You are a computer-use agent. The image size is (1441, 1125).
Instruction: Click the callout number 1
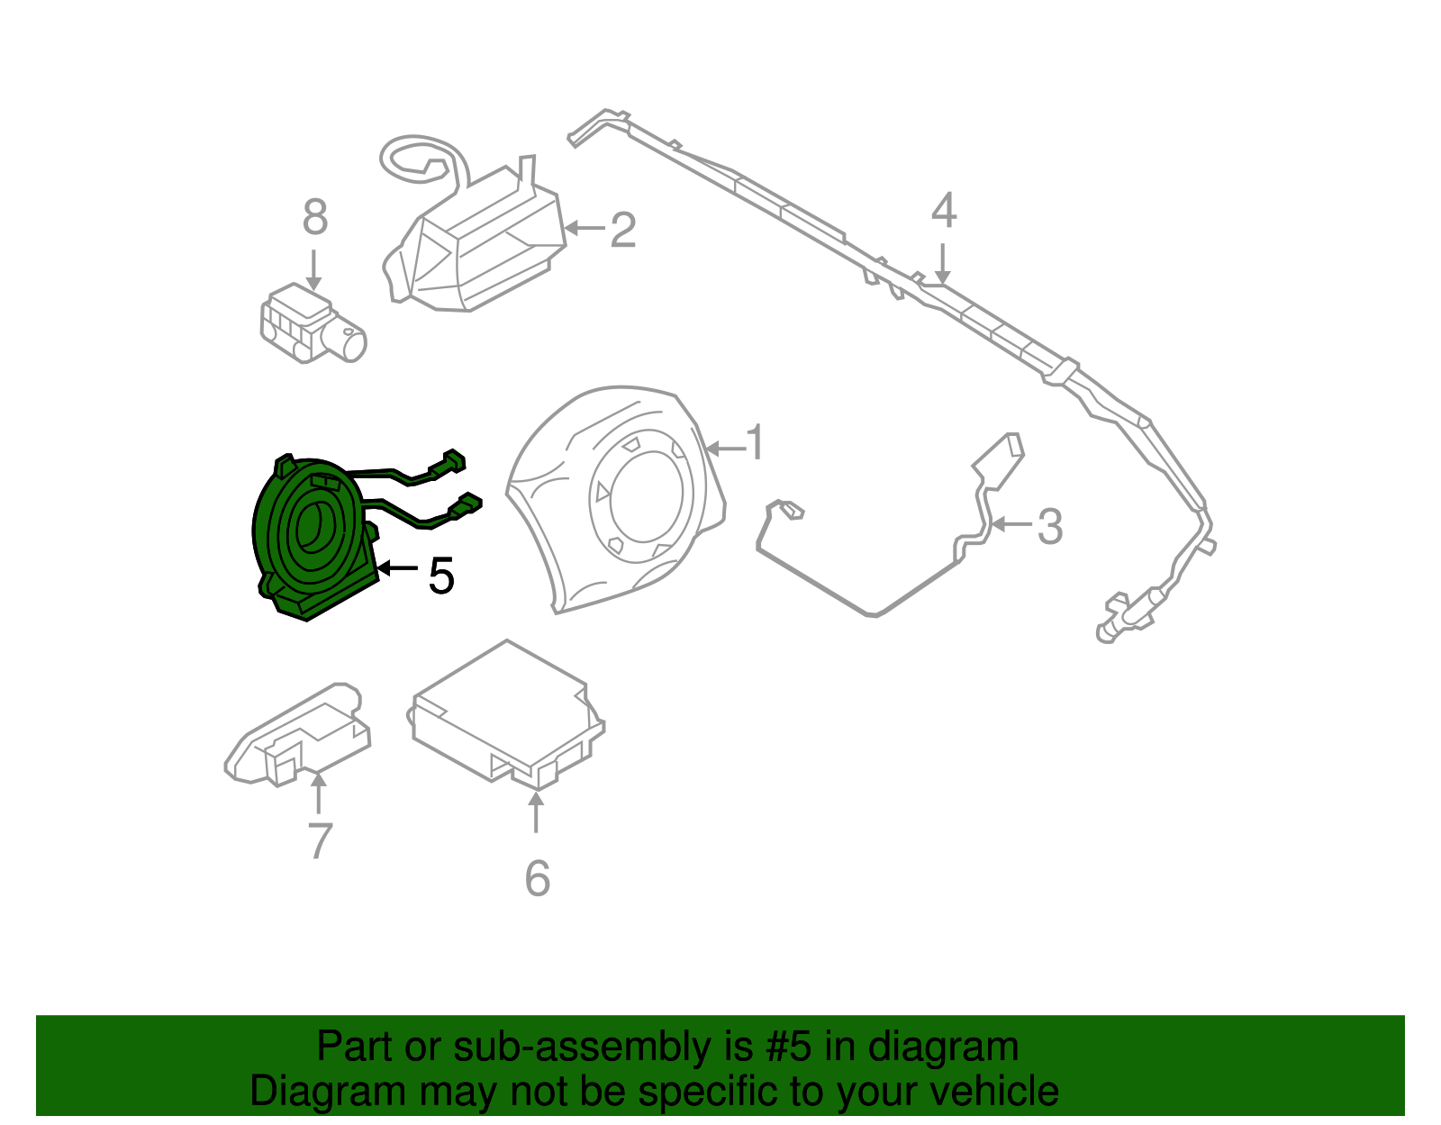756,443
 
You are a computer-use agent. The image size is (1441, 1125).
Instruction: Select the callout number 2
623,231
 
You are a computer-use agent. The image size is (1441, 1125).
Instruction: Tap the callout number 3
1049,527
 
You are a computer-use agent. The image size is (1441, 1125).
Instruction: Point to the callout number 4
943,211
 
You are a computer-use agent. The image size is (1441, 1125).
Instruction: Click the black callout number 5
440,576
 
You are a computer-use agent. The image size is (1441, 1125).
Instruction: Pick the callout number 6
537,878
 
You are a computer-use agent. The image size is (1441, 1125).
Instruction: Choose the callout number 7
320,841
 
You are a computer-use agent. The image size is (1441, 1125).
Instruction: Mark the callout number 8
314,218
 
